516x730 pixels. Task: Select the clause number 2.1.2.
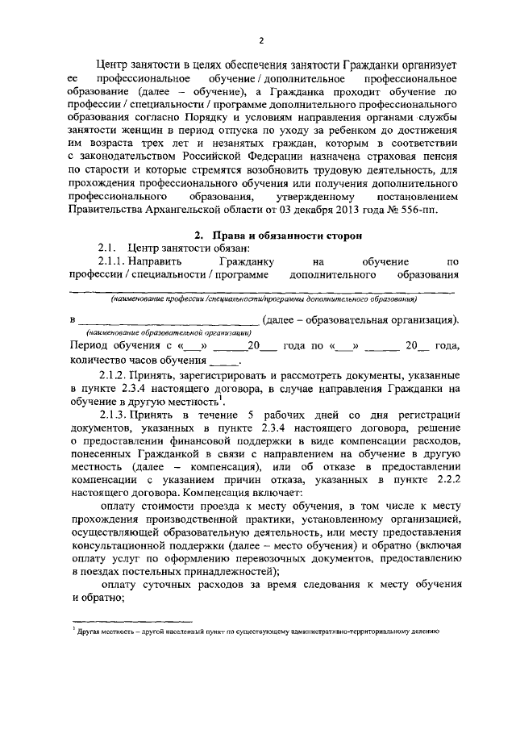pyautogui.click(x=113, y=377)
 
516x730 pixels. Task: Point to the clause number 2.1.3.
pyautogui.click(x=113, y=414)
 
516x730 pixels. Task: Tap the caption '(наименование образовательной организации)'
pyautogui.click(x=169, y=332)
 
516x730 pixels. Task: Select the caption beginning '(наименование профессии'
pyautogui.click(x=264, y=298)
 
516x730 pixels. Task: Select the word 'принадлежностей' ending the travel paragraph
pyautogui.click(x=228, y=569)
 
